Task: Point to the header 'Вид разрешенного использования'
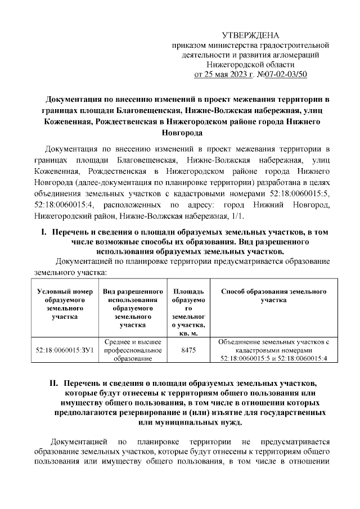[x=133, y=296]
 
